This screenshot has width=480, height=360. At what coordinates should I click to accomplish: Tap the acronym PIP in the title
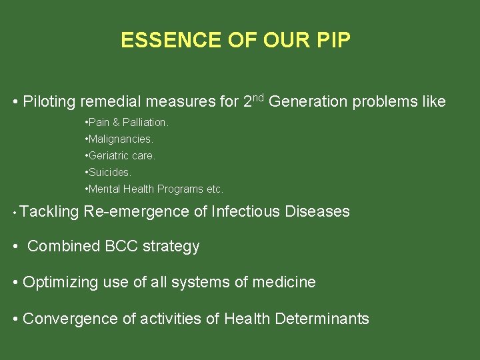click(333, 41)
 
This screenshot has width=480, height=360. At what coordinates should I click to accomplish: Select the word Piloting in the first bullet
click(50, 102)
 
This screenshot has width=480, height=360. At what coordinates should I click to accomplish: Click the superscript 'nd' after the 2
click(259, 98)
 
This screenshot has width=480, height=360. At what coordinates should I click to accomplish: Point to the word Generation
click(308, 102)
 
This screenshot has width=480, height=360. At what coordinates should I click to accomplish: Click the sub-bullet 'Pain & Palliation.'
click(127, 123)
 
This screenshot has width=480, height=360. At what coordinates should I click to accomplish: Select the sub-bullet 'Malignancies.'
click(120, 139)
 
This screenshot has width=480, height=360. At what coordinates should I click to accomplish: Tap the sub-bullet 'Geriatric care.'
click(121, 156)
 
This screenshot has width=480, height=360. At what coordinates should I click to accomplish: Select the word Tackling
click(49, 212)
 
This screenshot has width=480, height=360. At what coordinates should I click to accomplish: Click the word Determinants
click(322, 319)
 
